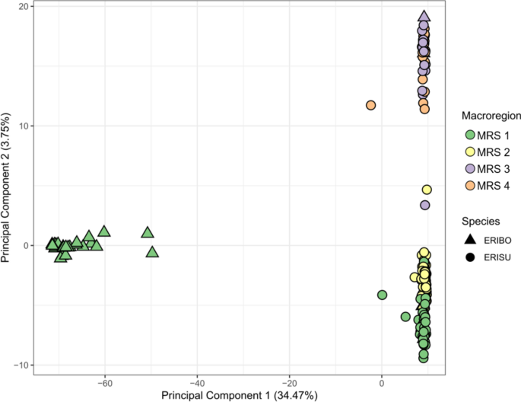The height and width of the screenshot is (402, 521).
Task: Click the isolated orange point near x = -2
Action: pos(370,105)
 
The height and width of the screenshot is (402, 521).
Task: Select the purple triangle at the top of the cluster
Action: pos(424,17)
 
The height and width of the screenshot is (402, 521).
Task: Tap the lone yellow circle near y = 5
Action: pos(427,190)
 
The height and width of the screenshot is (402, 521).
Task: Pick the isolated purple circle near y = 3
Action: pos(425,205)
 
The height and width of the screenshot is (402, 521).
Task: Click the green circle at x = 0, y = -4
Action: pos(382,295)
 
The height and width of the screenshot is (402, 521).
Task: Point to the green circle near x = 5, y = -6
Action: pos(406,317)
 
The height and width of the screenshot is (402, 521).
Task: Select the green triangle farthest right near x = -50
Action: pos(152,252)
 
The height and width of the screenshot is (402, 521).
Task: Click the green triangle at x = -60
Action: pos(104,231)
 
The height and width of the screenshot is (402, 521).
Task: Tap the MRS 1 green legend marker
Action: pos(471,135)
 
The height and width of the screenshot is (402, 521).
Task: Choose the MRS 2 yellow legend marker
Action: pos(471,152)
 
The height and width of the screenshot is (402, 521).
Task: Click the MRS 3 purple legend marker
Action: pos(471,169)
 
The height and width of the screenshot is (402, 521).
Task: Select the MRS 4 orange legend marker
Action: pos(471,187)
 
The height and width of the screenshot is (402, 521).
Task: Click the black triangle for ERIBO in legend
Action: pos(471,239)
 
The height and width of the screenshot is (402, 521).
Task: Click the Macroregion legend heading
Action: pos(491,116)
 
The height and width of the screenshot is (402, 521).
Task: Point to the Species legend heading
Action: pos(481,221)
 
